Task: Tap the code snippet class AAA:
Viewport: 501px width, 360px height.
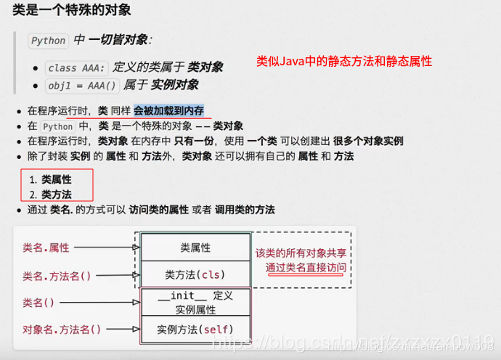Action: [77, 67]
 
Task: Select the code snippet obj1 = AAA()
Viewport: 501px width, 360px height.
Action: [82, 85]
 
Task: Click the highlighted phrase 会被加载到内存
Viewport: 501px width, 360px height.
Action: [168, 110]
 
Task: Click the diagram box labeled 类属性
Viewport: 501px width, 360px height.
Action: [195, 247]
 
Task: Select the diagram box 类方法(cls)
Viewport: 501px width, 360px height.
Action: [195, 274]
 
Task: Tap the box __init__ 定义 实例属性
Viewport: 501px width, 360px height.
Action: [195, 302]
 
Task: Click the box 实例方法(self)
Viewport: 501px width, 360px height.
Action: [195, 330]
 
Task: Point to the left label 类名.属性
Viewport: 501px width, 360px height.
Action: [46, 247]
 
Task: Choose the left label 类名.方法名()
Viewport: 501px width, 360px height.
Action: [57, 276]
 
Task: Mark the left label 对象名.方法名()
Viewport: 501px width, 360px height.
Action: [62, 330]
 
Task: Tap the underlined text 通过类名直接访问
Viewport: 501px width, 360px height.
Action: [306, 267]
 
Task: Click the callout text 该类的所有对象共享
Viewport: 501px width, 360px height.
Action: [301, 253]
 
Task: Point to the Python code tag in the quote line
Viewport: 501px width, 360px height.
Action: [49, 41]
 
